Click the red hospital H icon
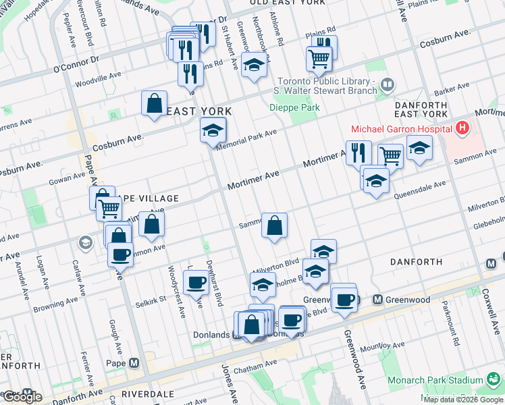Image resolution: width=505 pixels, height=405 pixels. click(462, 128)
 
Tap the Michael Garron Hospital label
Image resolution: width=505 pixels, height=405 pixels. click(401, 128)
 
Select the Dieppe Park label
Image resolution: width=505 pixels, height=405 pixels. click(294, 107)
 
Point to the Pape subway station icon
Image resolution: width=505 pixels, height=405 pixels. click(134, 363)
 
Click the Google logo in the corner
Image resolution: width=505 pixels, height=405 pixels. click(22, 397)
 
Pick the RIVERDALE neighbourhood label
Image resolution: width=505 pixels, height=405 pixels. click(148, 394)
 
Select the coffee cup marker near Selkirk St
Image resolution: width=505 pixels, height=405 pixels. click(196, 283)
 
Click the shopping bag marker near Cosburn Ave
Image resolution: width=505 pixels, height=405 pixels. click(155, 105)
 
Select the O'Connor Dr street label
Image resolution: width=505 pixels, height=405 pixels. click(76, 63)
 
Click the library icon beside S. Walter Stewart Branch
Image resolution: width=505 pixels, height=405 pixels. click(388, 85)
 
